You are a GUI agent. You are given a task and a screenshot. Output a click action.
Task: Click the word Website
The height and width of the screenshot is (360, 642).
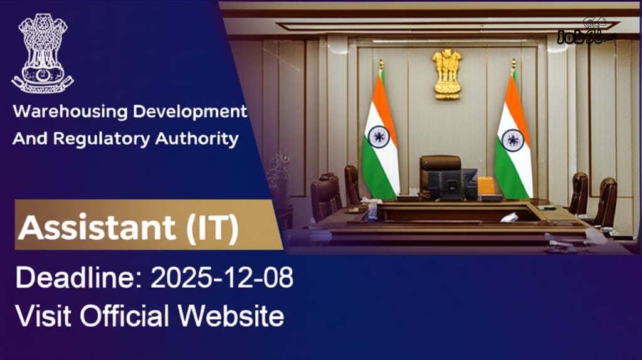coord(231,315)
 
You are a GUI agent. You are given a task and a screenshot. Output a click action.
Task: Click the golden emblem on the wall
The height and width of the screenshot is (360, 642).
coord(447,73)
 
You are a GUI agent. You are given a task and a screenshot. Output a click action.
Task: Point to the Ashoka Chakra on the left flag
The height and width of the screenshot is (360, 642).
coord(379,137)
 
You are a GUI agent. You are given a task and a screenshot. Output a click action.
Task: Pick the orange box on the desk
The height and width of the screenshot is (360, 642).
coord(486,186)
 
